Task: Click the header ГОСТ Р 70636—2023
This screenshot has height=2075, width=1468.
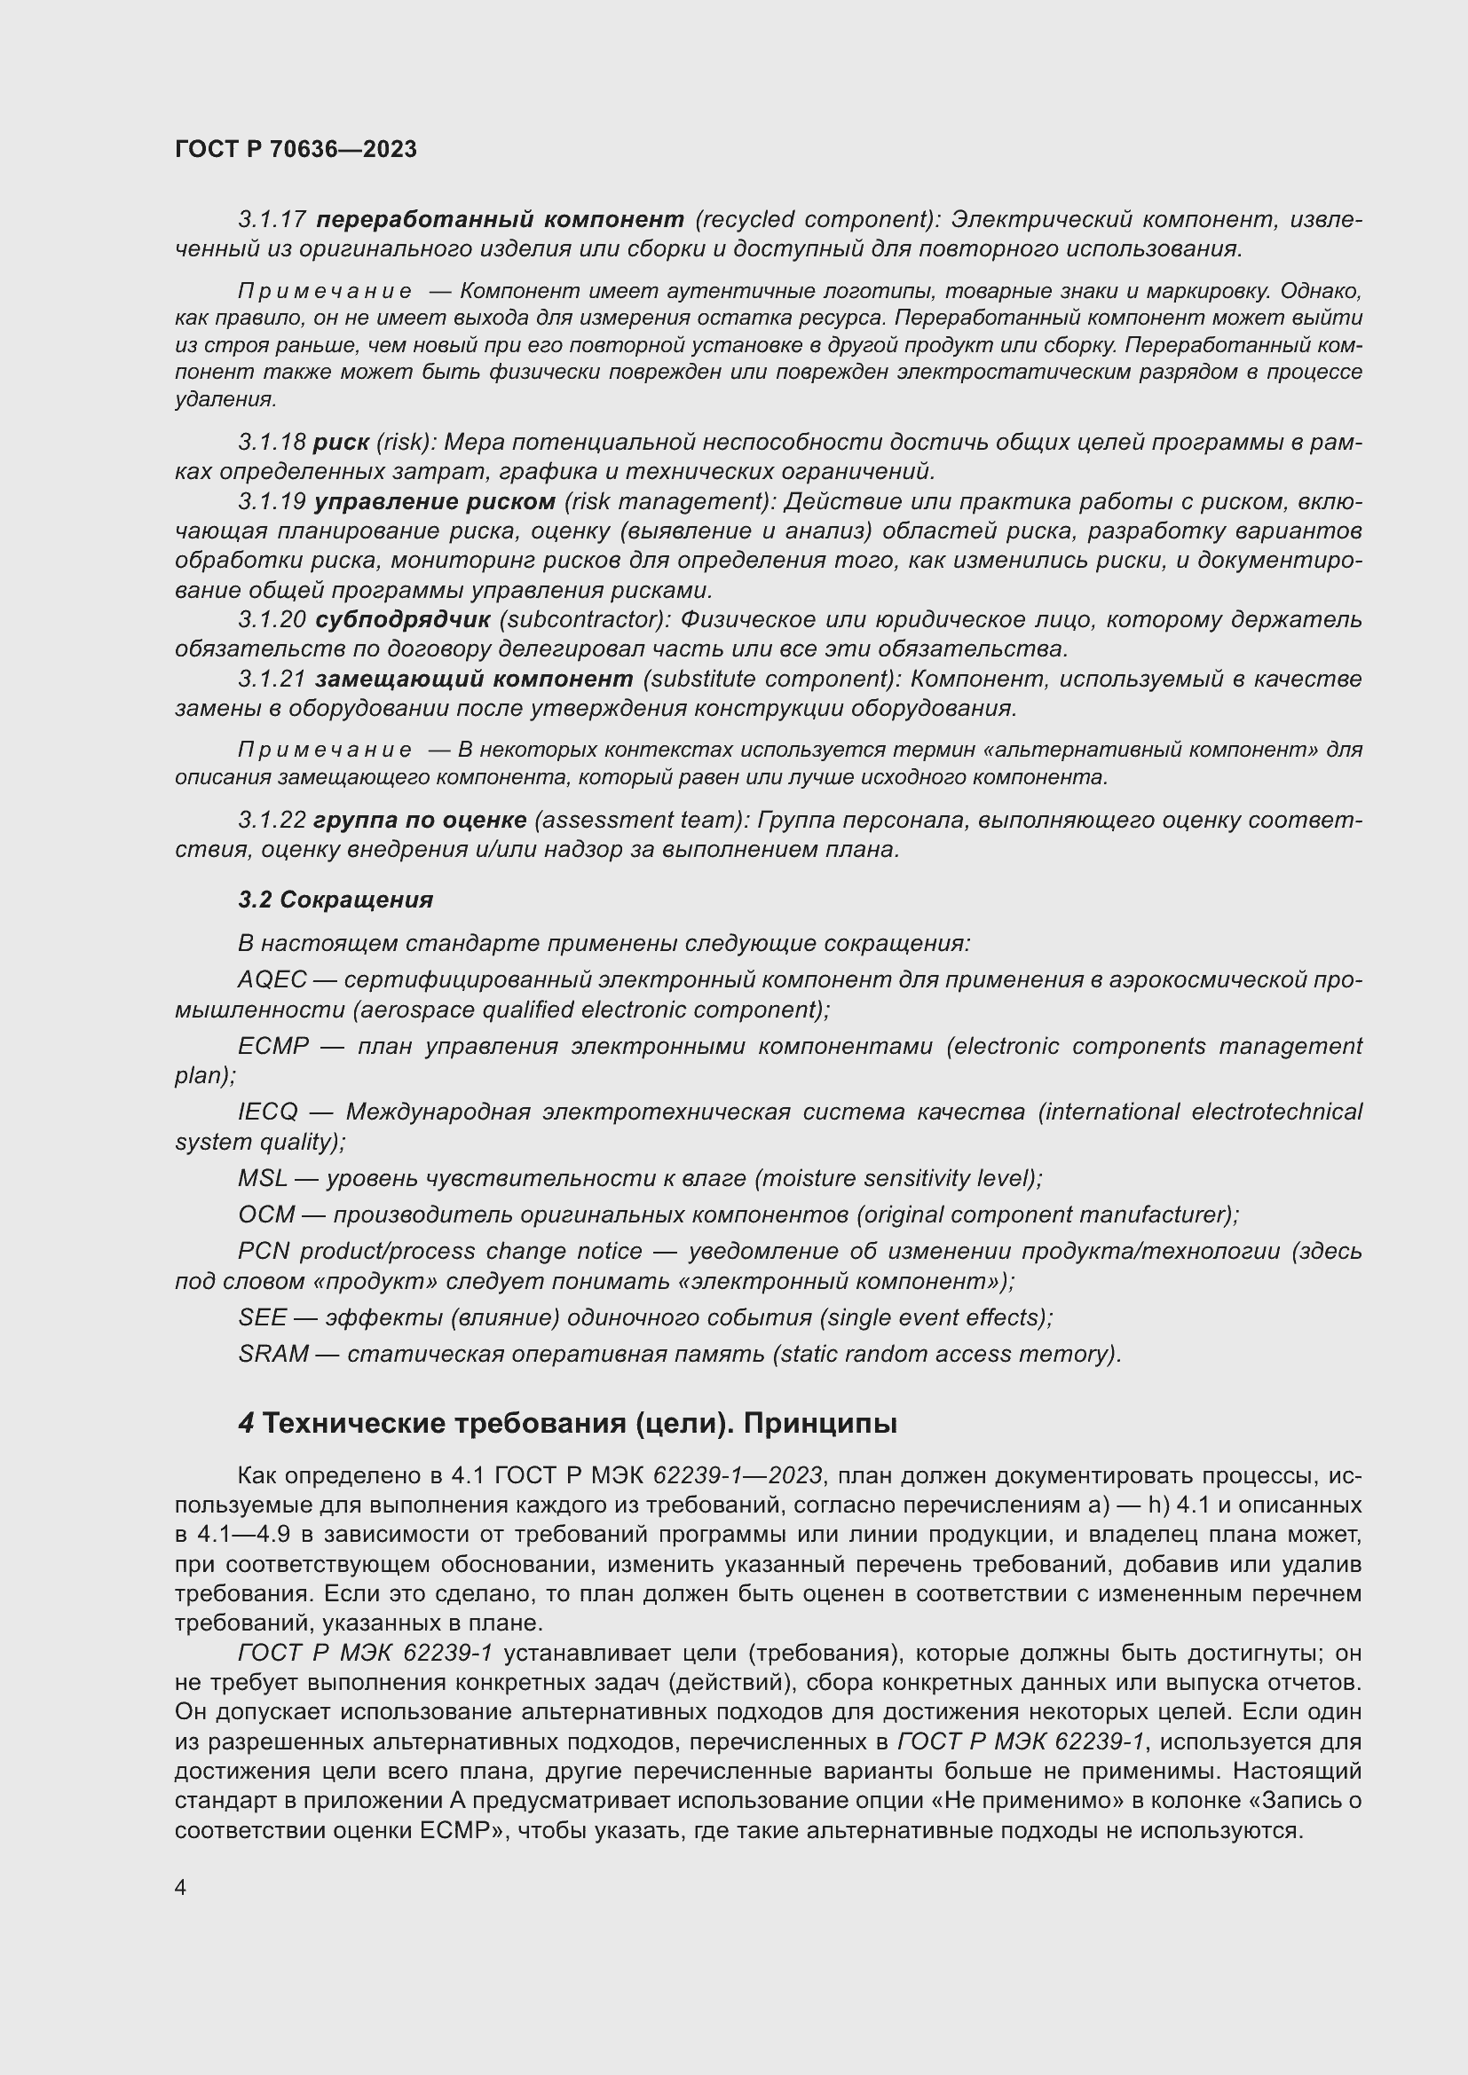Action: [296, 149]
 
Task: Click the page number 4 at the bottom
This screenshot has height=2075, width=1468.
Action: [181, 1888]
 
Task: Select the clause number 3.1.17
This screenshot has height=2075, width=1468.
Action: [272, 220]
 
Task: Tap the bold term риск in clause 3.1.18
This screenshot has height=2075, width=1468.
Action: [341, 442]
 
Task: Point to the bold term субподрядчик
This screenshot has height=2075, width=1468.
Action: [402, 620]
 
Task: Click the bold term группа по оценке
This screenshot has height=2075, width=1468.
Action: [420, 820]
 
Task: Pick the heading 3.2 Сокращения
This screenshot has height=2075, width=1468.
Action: [335, 900]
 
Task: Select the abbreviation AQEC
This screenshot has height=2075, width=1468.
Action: [272, 979]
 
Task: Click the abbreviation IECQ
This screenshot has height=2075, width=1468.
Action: [267, 1112]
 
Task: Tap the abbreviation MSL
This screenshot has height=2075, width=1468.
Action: [262, 1178]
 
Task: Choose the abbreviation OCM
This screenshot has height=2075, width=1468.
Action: [265, 1214]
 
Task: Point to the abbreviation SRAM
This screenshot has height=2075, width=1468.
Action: [273, 1354]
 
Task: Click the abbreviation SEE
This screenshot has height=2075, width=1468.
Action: [262, 1317]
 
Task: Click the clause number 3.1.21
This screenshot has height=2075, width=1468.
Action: [272, 679]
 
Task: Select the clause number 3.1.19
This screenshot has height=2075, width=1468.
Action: [272, 501]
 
